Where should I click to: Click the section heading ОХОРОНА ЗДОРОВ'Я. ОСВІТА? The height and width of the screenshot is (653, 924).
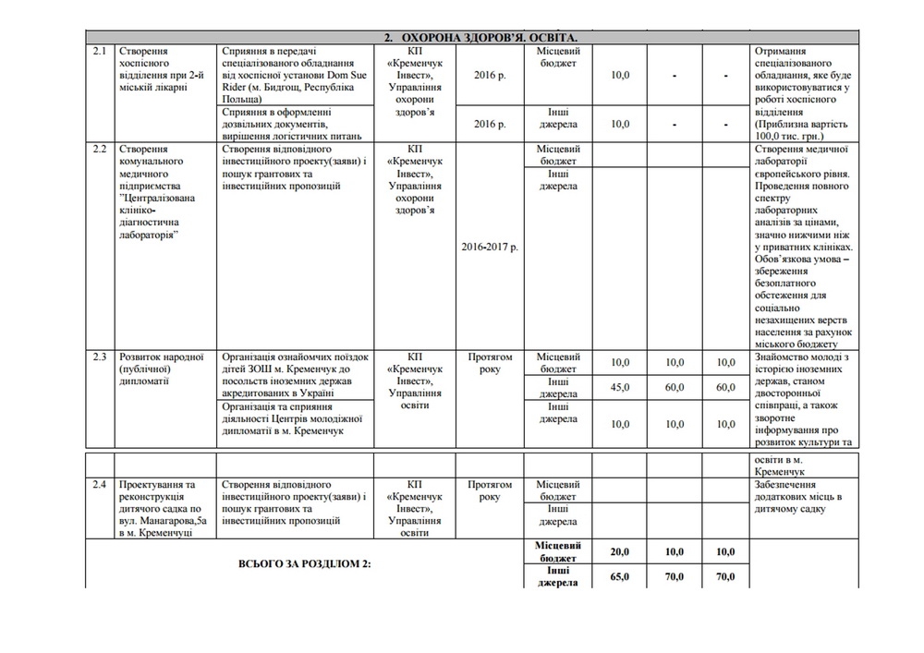pyautogui.click(x=486, y=37)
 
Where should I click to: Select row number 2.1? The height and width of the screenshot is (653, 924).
pyautogui.click(x=100, y=51)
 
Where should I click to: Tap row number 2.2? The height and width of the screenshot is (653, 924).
pyautogui.click(x=100, y=149)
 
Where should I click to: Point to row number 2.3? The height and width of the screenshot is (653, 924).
pyautogui.click(x=100, y=357)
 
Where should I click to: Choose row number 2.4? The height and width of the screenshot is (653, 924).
pyautogui.click(x=100, y=484)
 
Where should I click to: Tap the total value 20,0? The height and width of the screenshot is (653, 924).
pyautogui.click(x=620, y=552)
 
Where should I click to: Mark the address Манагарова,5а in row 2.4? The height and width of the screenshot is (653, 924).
pyautogui.click(x=157, y=521)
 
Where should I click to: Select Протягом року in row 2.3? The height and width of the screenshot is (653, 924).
pyautogui.click(x=489, y=363)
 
